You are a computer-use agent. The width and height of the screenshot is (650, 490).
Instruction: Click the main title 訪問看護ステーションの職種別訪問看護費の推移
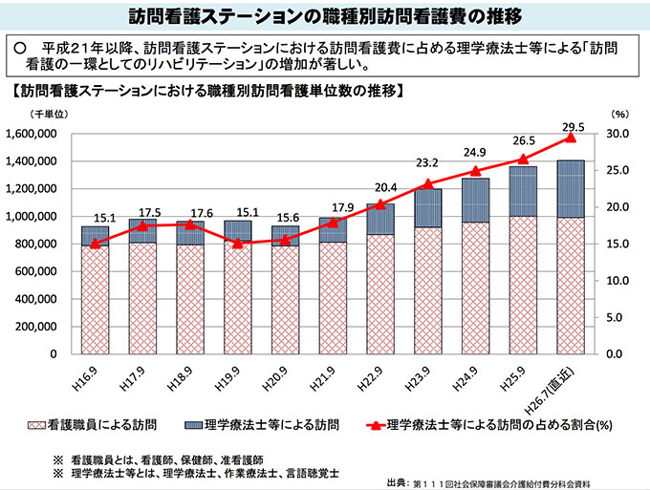click(324, 16)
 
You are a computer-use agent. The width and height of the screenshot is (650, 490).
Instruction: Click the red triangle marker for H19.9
click(238, 243)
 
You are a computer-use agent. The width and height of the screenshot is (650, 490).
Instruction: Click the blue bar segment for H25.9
click(524, 191)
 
